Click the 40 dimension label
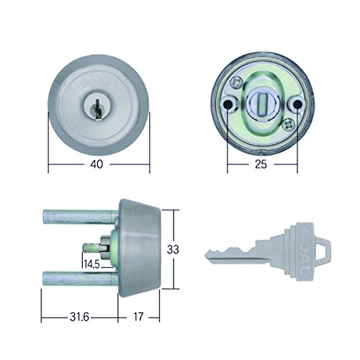[x=96, y=164]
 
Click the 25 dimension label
[x=261, y=164]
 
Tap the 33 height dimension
[x=173, y=250]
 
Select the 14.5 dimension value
[x=91, y=264]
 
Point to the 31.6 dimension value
[x=79, y=318]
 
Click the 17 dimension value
[x=138, y=317]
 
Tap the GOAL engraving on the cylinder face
[x=96, y=83]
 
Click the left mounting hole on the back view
[x=227, y=104]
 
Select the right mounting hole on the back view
[x=297, y=104]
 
